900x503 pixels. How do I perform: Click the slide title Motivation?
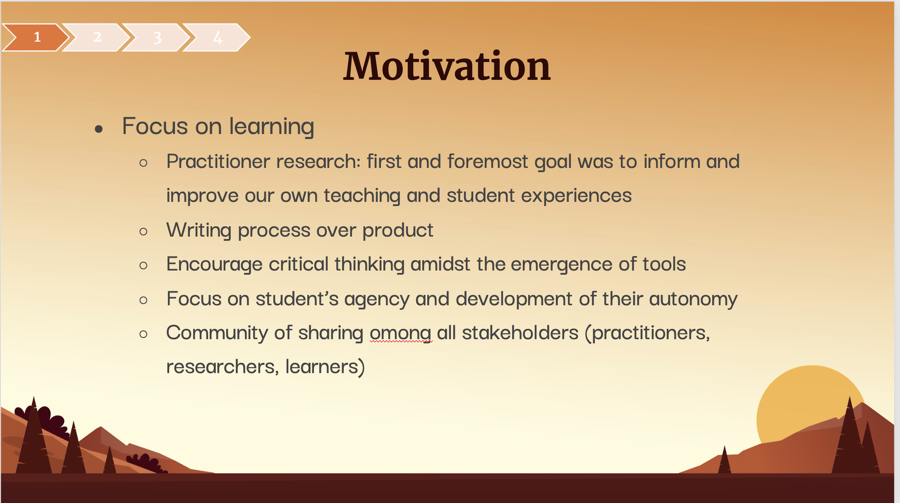(447, 66)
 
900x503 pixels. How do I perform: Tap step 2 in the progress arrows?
(97, 37)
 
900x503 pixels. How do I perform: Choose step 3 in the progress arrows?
(157, 37)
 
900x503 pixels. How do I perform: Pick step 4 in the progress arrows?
(218, 37)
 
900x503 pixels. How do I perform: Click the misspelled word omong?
(400, 333)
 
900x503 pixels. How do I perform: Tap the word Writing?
(199, 230)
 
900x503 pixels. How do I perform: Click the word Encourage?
(214, 264)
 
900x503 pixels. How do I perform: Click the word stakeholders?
(520, 333)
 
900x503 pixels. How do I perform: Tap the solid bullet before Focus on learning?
(98, 129)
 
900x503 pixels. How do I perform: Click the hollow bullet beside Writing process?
(144, 231)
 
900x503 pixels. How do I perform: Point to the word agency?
(377, 299)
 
